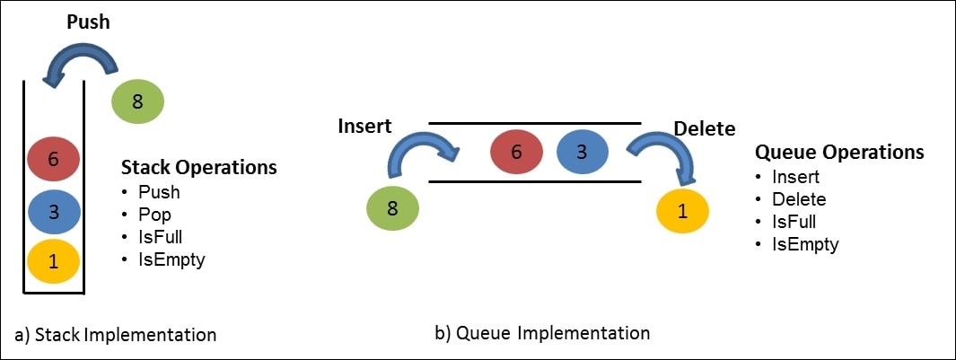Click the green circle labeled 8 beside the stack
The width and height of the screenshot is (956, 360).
point(137,101)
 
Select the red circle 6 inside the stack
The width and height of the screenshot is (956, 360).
point(53,159)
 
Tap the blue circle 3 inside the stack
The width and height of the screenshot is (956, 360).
point(53,212)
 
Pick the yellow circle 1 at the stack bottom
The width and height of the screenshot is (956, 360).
point(53,262)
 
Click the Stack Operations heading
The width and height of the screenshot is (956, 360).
point(198,167)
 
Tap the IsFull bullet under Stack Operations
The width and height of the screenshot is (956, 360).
point(160,238)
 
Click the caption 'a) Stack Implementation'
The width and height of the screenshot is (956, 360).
point(116,335)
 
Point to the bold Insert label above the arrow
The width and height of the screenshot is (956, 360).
point(364,127)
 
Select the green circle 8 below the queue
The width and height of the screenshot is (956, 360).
point(392,208)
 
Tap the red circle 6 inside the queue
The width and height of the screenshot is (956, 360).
point(516,152)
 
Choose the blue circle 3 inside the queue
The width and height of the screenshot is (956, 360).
point(581,152)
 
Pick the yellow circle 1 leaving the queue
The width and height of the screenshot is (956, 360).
point(683,212)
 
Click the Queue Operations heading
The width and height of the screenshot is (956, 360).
point(838,153)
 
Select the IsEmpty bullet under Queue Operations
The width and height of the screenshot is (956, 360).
point(805,244)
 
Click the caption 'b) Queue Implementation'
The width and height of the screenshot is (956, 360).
point(542,333)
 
